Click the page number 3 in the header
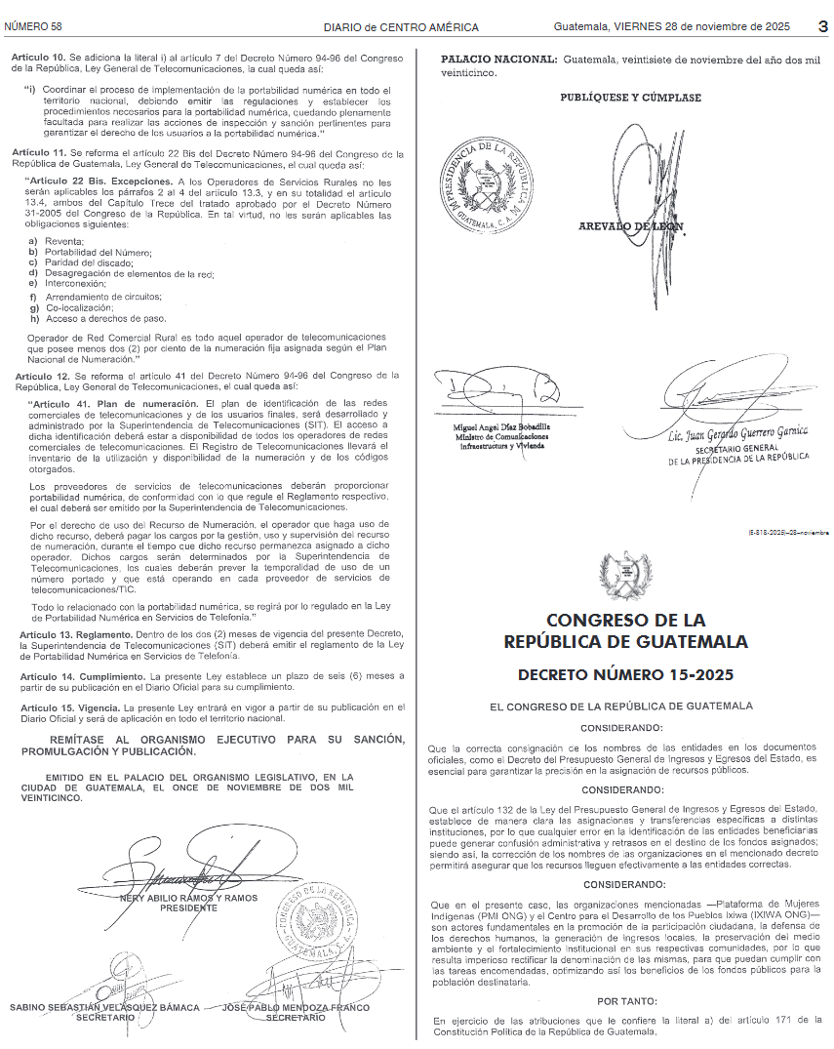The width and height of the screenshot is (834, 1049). (822, 25)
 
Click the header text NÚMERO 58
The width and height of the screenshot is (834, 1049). (34, 25)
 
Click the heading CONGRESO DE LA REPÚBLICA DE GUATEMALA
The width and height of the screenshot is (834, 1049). (626, 631)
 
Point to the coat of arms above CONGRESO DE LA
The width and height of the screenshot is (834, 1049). (626, 576)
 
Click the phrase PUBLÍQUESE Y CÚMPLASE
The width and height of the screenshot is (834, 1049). (630, 98)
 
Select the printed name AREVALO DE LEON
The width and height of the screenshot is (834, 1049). (631, 226)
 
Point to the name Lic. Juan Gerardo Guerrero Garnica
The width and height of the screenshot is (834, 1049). (738, 431)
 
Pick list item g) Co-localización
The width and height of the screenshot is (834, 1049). (72, 307)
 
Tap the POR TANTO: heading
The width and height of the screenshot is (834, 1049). (627, 1000)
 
